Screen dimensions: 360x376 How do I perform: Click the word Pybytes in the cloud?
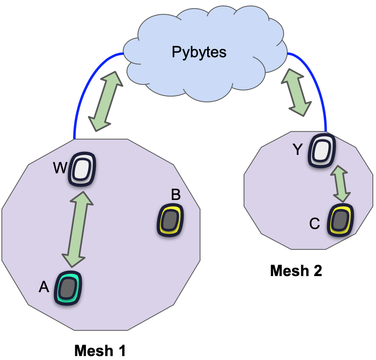coord(199,52)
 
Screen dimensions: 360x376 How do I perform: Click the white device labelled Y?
coord(322,151)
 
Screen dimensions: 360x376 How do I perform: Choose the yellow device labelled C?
coord(340,220)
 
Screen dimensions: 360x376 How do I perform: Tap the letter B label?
coord(175,195)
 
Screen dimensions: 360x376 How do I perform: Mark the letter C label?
coord(315,224)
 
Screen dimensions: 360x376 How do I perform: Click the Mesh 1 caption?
coord(100,350)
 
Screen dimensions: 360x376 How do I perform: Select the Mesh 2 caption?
coord(296,271)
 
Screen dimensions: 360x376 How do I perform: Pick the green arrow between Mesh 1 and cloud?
coord(103,101)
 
